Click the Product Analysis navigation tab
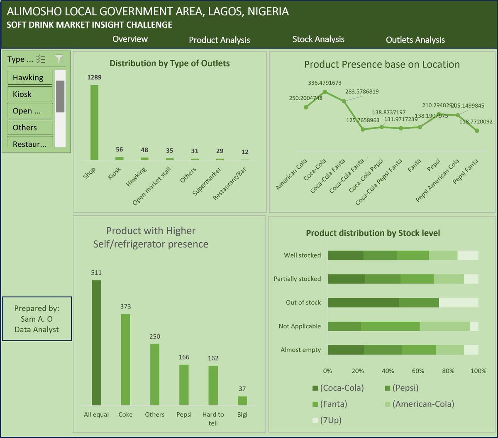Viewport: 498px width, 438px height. click(219, 40)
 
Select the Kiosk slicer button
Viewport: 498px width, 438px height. click(30, 94)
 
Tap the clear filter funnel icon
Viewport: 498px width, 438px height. click(59, 59)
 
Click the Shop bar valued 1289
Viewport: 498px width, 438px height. click(95, 123)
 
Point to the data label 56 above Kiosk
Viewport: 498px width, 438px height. click(120, 150)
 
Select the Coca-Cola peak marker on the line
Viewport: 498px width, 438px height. click(325, 92)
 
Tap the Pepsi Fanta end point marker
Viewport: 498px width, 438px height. click(477, 130)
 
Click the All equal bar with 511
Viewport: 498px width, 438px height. click(96, 342)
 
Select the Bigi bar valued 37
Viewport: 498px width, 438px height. click(242, 401)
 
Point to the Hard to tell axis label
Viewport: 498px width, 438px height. click(213, 418)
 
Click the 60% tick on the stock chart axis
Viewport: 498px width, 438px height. click(418, 371)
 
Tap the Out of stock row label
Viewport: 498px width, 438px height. click(303, 303)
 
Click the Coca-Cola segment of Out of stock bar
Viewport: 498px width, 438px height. click(363, 303)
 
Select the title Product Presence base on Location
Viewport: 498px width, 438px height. click(382, 64)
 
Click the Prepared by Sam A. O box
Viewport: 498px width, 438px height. click(37, 319)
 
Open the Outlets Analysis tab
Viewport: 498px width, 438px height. click(415, 40)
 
